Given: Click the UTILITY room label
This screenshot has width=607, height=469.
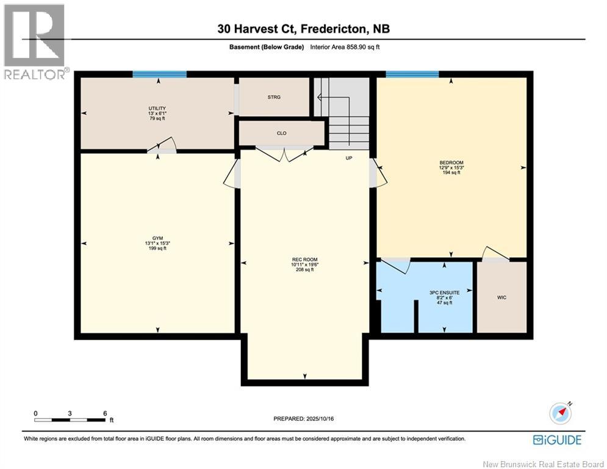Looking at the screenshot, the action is (x=157, y=108).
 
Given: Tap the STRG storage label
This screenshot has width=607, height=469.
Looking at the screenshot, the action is (x=274, y=97).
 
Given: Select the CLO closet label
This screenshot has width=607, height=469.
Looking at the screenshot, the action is (x=282, y=133).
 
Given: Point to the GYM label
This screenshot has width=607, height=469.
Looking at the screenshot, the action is (x=157, y=238).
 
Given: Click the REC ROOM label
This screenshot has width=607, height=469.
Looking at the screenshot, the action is (x=304, y=260).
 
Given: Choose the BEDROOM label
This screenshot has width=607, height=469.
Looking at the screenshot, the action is (x=451, y=163).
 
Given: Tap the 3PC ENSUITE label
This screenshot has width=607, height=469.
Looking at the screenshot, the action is (x=444, y=293).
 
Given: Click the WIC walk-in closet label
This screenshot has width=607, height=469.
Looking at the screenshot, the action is (x=501, y=297).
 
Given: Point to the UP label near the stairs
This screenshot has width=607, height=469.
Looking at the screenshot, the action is (x=349, y=158).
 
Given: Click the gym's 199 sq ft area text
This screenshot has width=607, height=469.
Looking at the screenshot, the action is (x=157, y=249).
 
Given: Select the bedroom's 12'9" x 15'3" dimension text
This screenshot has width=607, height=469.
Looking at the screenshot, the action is (x=451, y=168).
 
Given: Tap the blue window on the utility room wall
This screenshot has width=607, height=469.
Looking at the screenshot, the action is (x=159, y=75).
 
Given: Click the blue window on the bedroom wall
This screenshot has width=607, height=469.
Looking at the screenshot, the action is (x=412, y=75).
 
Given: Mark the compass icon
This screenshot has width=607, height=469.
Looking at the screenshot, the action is (x=561, y=413).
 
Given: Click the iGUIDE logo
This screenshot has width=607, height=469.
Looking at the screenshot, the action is (x=557, y=440).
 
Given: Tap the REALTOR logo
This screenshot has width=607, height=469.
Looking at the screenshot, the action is (x=35, y=42).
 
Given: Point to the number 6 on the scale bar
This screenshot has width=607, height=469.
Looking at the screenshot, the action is (x=105, y=413).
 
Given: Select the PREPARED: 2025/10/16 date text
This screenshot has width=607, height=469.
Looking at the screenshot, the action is (x=304, y=418).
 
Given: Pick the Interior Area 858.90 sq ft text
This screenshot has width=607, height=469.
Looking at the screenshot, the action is (x=345, y=47).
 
